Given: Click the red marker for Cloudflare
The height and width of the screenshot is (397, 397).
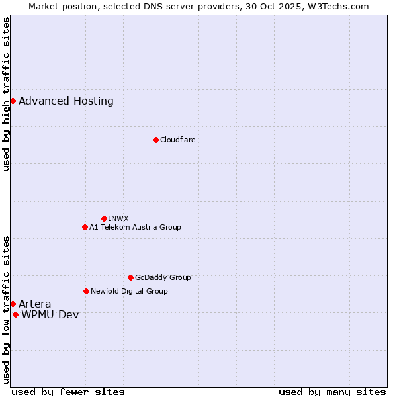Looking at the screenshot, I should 155,140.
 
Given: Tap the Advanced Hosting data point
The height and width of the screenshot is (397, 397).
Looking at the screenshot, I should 13,101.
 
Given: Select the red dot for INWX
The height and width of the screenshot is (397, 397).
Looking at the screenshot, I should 104,218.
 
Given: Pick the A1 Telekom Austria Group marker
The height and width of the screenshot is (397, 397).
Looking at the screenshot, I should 85,227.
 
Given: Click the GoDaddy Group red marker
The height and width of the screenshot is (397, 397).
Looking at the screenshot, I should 130,277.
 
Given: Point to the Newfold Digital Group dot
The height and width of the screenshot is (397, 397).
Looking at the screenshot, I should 86,291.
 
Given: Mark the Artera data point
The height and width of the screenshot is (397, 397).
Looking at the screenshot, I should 13,304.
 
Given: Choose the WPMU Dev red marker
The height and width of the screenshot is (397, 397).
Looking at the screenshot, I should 15,314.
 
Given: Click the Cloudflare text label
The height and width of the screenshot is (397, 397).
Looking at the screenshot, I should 177,140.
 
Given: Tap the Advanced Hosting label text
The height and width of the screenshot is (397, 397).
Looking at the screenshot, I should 66,101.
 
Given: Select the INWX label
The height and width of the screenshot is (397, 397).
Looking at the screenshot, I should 118,218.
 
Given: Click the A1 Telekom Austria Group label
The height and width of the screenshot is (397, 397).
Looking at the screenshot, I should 135,227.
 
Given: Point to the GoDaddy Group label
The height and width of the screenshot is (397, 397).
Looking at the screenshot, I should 163,277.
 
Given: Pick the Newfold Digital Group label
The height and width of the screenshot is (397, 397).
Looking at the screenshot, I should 129,291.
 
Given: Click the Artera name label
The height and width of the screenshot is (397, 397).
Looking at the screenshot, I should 35,304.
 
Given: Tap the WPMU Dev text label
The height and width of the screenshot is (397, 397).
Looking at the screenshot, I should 50,315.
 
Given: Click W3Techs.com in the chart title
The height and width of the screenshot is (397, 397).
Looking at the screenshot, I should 345,6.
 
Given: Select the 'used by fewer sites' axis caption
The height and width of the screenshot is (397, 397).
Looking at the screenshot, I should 68,392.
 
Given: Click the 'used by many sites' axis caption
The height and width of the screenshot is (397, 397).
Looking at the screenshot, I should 332,392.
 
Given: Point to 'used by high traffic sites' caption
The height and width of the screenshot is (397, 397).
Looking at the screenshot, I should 6,94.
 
